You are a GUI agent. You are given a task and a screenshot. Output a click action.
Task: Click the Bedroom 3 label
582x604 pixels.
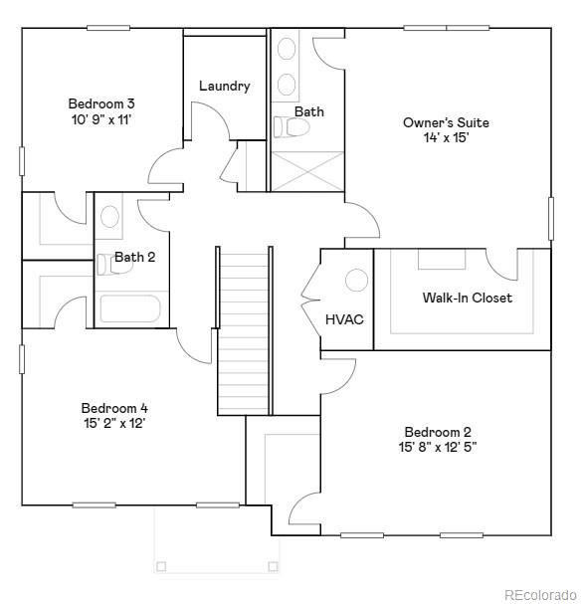(101, 103)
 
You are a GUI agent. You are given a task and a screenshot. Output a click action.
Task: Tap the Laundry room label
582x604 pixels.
(224, 86)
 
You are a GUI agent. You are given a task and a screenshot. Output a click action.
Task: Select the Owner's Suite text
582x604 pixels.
(446, 122)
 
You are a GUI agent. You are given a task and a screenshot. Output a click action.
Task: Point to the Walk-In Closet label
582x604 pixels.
(467, 298)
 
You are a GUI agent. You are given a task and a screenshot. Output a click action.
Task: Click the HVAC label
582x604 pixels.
(344, 319)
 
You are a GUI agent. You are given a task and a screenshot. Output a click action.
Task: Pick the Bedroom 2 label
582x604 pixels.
(438, 432)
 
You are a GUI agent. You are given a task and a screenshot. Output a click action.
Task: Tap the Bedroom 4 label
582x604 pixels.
(114, 408)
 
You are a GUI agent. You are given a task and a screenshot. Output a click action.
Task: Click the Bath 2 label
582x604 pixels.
(134, 257)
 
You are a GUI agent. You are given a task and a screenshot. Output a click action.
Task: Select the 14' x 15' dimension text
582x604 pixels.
(446, 138)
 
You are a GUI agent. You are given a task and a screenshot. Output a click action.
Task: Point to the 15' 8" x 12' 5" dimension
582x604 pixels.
(438, 448)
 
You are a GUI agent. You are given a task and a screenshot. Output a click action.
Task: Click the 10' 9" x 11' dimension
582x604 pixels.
(101, 119)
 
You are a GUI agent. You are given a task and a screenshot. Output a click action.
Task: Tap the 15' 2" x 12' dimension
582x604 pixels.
(114, 424)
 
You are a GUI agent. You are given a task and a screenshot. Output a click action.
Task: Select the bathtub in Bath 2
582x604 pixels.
(130, 308)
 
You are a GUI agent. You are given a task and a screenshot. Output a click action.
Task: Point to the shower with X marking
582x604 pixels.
(307, 170)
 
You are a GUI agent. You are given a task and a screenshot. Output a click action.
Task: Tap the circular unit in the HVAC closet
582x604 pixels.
(356, 281)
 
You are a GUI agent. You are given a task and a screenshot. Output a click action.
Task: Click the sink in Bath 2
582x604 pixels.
(109, 216)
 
